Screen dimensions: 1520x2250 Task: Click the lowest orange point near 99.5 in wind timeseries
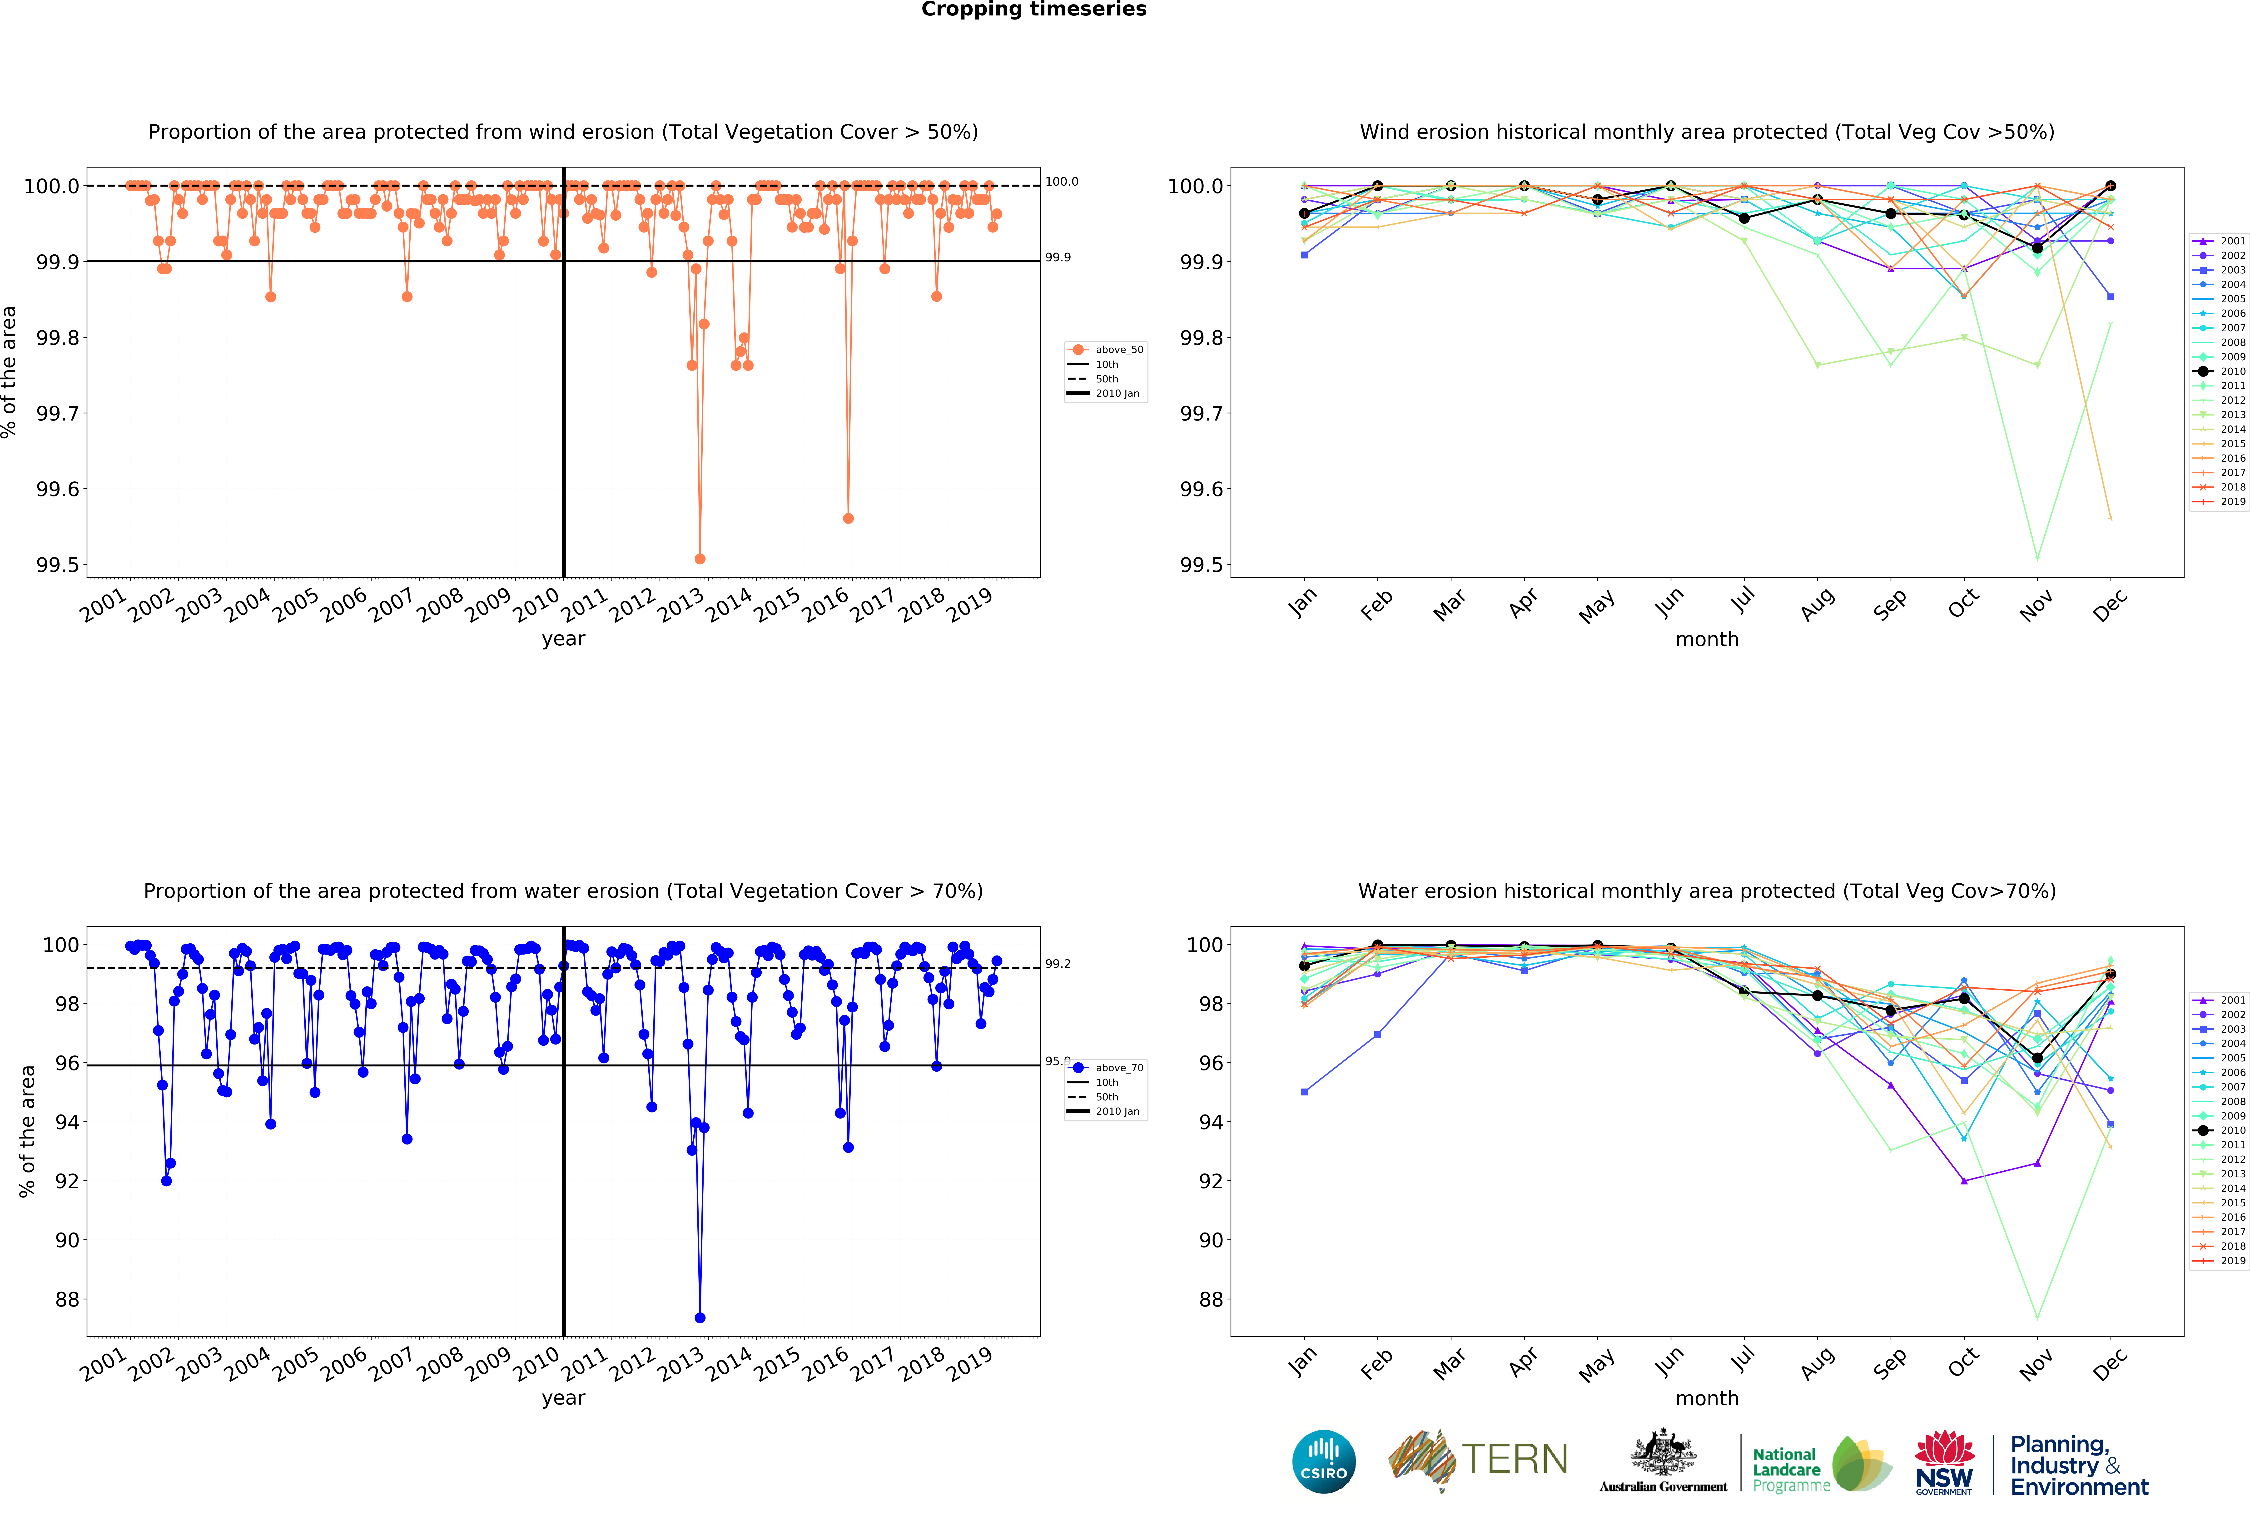[700, 559]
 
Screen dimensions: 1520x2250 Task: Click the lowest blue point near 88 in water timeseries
[700, 1318]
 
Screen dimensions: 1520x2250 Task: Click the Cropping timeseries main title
[1033, 10]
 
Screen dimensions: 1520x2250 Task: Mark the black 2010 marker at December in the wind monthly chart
[2111, 186]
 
